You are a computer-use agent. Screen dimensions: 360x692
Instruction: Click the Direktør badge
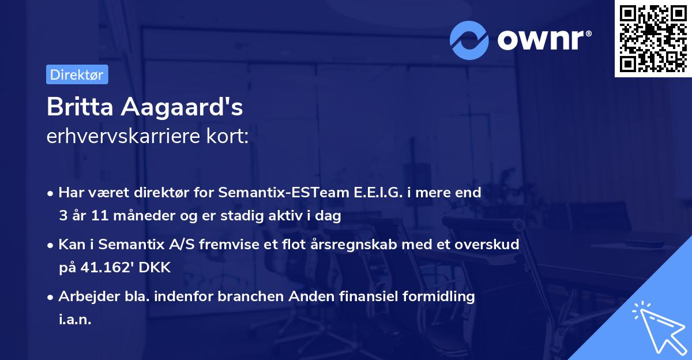(77, 74)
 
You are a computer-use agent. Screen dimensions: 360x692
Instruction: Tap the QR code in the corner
(653, 38)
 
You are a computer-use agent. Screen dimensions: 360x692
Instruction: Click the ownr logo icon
(469, 40)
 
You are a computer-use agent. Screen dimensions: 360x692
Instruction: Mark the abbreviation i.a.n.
(75, 320)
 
